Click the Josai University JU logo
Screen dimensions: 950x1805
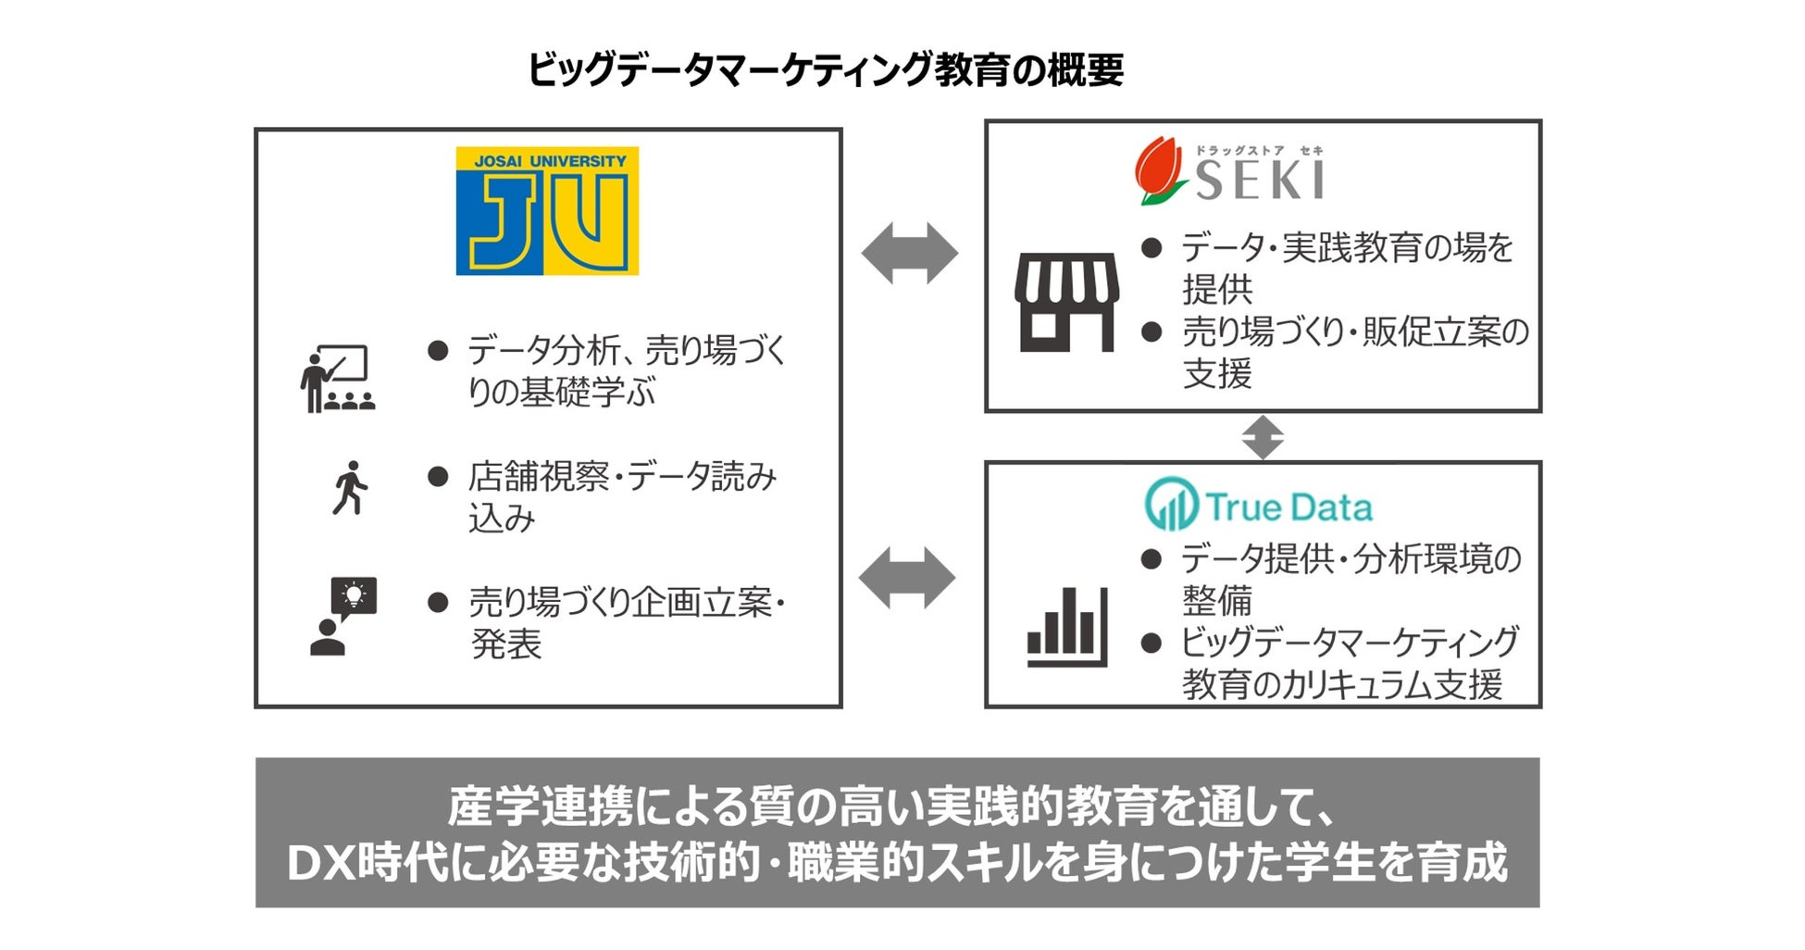point(547,211)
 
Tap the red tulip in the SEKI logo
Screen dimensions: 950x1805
point(1158,170)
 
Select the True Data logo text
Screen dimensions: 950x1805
point(1288,507)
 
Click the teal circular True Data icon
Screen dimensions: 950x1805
point(1171,504)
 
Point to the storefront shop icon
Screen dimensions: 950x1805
point(1066,302)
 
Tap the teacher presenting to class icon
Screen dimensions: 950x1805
point(337,379)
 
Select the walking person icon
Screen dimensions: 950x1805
point(349,488)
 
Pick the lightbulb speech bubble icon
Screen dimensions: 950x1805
point(343,616)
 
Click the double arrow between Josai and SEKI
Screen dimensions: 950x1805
point(909,253)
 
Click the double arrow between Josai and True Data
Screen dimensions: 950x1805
point(907,578)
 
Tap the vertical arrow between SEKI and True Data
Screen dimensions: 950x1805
point(1263,437)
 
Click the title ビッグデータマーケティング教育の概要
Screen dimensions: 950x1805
point(825,70)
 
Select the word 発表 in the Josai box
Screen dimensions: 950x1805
point(505,644)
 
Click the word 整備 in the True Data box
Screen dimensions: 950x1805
point(1216,601)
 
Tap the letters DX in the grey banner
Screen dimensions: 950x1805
point(321,863)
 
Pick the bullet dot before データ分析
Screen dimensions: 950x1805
point(438,351)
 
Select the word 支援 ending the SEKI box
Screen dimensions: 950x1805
point(1216,374)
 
